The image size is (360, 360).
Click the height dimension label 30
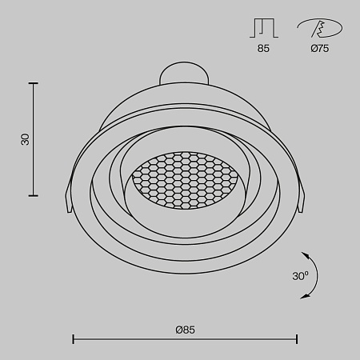coord(25,138)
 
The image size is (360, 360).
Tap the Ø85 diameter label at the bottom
coord(185,330)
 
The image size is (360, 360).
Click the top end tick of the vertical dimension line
coord(34,82)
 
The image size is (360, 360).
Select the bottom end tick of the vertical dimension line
coord(34,195)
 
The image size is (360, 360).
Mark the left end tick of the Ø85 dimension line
coord(74,339)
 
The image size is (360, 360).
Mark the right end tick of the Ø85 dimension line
coord(298,339)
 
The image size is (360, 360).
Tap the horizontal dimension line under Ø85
coord(185,339)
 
